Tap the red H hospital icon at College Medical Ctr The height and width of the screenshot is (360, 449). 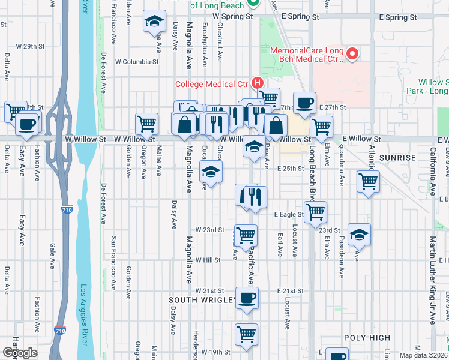click(x=258, y=83)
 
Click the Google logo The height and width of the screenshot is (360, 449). click(x=19, y=353)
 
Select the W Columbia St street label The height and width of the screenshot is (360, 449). click(x=137, y=61)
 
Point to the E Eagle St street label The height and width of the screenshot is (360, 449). click(x=289, y=214)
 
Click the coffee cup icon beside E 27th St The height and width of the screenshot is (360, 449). click(x=304, y=103)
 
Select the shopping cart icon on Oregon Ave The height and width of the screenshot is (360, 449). click(x=146, y=123)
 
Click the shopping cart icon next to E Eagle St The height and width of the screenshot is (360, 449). click(x=315, y=211)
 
